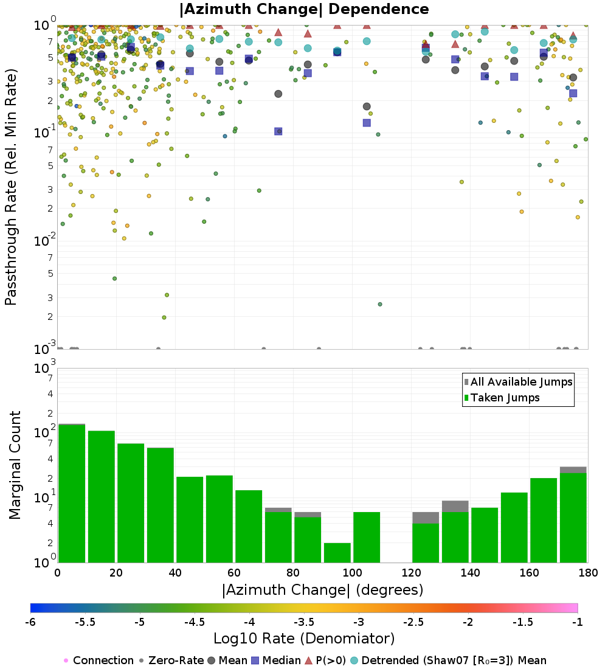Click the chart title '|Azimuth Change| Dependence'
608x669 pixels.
click(x=304, y=9)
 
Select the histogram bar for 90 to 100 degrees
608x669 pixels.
click(x=337, y=552)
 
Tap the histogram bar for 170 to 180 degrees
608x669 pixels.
click(x=573, y=518)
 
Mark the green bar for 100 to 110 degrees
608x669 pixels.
click(x=367, y=537)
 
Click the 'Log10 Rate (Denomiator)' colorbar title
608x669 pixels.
click(x=304, y=638)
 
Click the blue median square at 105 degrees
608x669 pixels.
click(x=367, y=123)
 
